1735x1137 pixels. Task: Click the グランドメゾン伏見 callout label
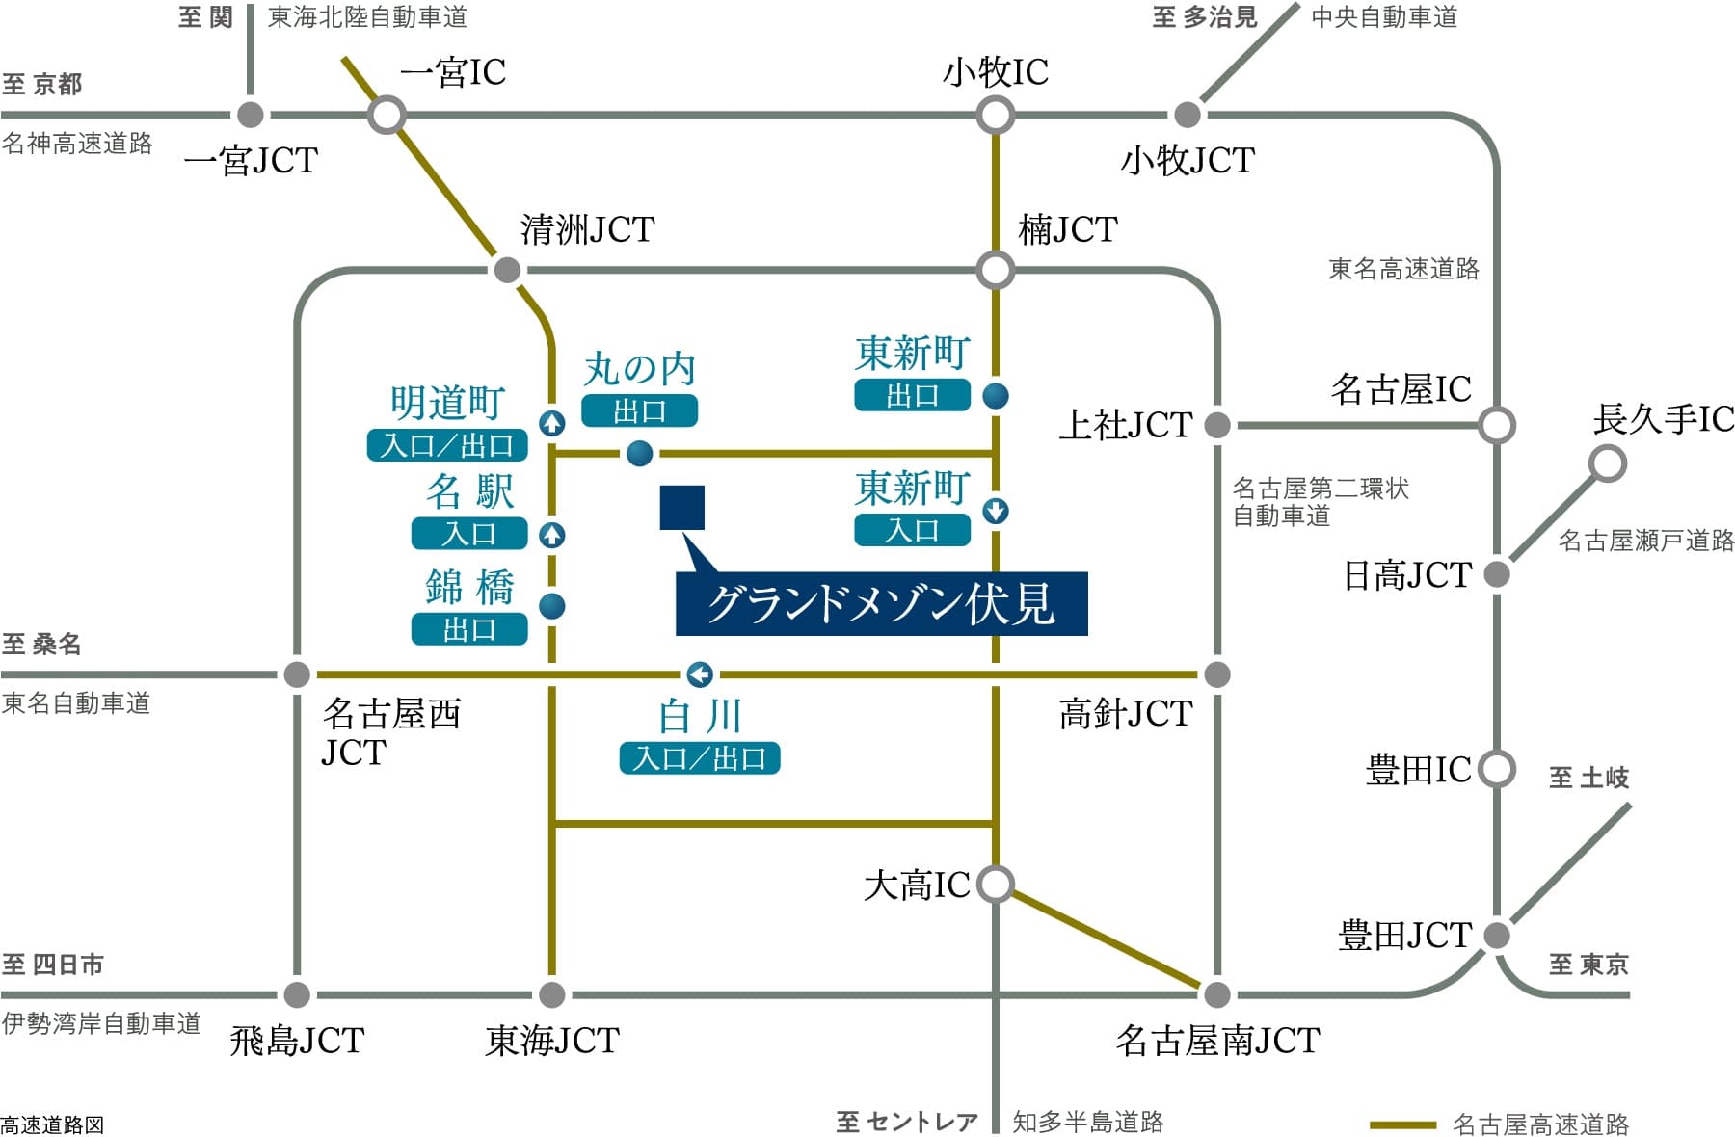881,604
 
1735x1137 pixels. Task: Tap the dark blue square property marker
681,508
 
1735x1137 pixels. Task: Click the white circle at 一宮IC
387,116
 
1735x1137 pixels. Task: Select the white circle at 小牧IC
995,116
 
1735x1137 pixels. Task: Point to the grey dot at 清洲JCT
507,270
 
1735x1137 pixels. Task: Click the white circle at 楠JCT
995,270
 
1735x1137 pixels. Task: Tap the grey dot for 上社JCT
1217,424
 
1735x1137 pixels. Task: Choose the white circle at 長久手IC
1607,463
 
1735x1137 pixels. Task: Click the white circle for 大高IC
995,884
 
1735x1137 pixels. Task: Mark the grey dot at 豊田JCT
1496,935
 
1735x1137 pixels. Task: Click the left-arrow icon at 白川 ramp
700,674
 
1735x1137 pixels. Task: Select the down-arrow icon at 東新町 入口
996,511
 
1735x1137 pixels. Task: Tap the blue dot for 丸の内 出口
639,453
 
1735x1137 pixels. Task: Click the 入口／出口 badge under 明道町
447,445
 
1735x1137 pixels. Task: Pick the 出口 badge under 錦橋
469,629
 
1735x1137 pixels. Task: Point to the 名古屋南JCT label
1217,1041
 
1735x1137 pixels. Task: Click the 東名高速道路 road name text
1402,269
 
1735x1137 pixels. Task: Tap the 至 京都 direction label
42,85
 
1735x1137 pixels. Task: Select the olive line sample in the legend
1402,1124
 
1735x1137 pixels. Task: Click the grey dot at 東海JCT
551,994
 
